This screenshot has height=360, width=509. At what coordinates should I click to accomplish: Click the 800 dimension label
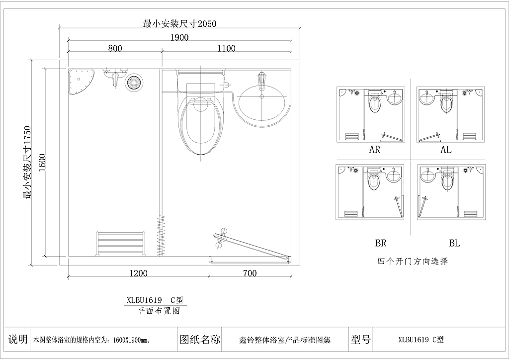click(x=115, y=48)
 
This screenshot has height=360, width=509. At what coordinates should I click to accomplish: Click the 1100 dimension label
click(x=226, y=48)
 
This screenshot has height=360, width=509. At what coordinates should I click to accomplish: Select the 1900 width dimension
click(x=179, y=38)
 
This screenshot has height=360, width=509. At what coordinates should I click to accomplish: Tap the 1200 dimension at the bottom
click(x=138, y=273)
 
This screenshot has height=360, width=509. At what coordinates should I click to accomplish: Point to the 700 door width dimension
click(x=250, y=273)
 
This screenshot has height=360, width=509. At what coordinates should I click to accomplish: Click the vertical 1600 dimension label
click(x=43, y=163)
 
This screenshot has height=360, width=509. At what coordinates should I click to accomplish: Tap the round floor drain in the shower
click(x=133, y=82)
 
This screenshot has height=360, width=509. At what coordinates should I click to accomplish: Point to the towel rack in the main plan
click(x=120, y=244)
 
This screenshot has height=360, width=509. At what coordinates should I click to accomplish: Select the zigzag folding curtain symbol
click(x=161, y=235)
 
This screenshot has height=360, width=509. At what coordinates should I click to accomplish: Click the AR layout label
click(x=375, y=150)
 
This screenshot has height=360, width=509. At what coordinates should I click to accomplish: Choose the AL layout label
click(x=446, y=150)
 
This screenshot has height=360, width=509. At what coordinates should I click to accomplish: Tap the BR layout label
click(x=381, y=243)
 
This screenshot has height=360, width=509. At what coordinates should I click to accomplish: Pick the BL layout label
click(x=455, y=243)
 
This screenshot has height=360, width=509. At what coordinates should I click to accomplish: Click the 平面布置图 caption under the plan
click(x=159, y=311)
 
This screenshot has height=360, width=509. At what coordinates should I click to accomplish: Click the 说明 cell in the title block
click(x=18, y=339)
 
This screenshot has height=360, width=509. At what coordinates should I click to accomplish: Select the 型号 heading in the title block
click(x=361, y=340)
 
